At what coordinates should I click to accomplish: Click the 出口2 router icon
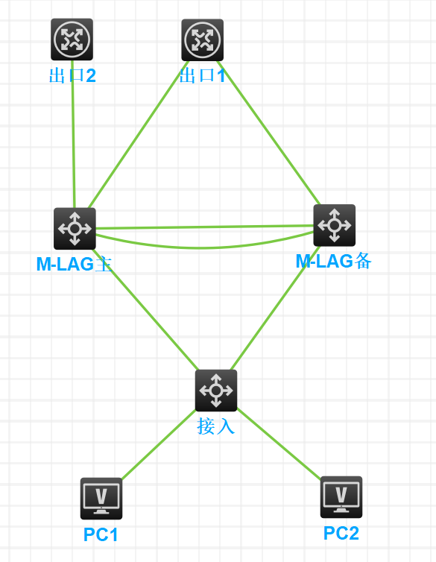point(72,40)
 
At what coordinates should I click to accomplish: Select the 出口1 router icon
point(203,40)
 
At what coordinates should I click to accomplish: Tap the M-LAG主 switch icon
point(75,229)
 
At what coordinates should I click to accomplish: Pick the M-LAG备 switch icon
point(334,225)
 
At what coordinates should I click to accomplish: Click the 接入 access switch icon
point(216,391)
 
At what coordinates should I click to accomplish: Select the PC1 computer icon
point(101,499)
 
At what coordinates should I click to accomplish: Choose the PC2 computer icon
point(341,497)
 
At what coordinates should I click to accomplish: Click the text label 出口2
point(72,75)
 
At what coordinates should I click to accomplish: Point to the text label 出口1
point(203,75)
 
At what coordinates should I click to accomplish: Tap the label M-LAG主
point(75,264)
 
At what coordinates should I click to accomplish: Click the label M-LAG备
point(334,261)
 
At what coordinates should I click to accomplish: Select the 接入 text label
point(215,426)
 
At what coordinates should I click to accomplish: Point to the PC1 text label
point(101,534)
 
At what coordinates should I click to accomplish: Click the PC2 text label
point(341,533)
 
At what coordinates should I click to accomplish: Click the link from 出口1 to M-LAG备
point(269,133)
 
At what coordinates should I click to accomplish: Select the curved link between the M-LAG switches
point(204,247)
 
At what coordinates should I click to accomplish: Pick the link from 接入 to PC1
point(159,444)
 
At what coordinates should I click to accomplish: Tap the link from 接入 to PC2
point(279,443)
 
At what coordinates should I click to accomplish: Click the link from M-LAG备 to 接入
point(275,308)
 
